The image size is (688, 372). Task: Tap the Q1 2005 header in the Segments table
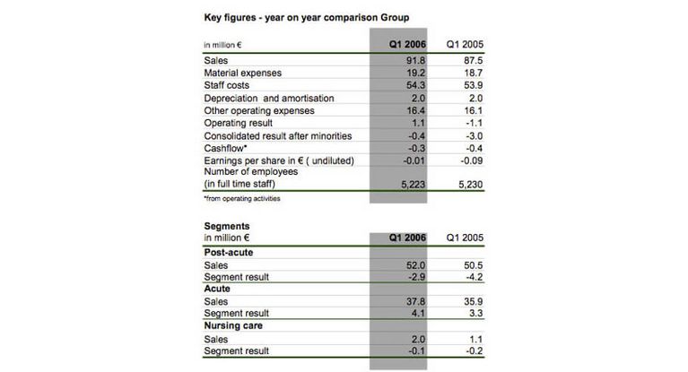465,238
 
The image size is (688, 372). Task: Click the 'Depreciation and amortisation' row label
257,98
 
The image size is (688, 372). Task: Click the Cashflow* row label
226,148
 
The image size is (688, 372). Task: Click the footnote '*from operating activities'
242,198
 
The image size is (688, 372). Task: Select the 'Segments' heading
228,227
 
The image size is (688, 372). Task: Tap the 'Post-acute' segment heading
229,253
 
